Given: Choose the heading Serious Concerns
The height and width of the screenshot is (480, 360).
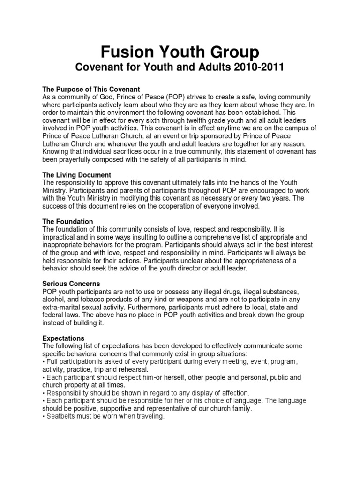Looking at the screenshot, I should tap(71, 284).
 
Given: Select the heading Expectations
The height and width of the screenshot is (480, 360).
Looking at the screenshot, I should tap(63, 338).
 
